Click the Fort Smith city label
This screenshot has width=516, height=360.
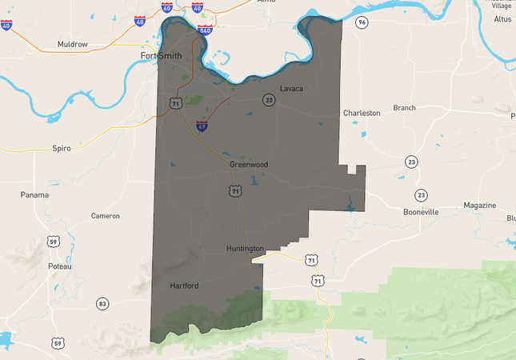[x=161, y=56]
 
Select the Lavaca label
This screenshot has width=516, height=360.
[x=291, y=88]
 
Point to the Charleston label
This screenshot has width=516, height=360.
[x=362, y=114]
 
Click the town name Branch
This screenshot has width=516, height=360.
[x=404, y=108]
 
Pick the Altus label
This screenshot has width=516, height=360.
[x=503, y=18]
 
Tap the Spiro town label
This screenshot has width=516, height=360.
[x=62, y=148]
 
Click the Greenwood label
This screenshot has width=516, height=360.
[x=248, y=164]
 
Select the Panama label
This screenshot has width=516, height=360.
[x=34, y=194]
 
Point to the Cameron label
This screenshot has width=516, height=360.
[x=105, y=216]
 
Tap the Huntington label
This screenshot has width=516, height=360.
[x=244, y=249]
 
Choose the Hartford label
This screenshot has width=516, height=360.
[x=184, y=286]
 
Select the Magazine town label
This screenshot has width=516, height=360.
[x=479, y=206]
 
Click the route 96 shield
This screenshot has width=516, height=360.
[x=362, y=22]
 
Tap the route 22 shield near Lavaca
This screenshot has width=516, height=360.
[x=269, y=99]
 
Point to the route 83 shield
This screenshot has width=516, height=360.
[x=102, y=303]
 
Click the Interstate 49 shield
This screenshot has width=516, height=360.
[x=203, y=126]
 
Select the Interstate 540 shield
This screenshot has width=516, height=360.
[x=204, y=30]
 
